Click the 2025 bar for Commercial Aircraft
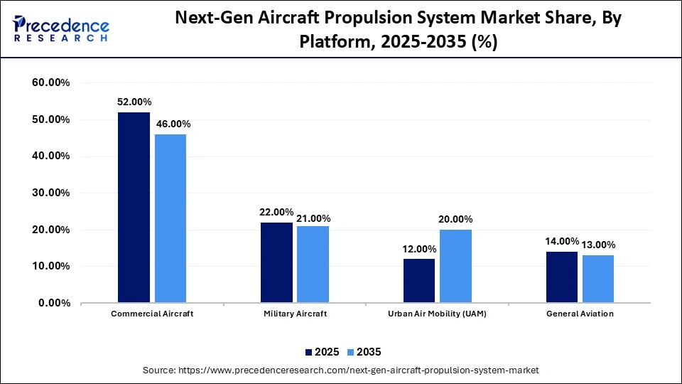coord(134,208)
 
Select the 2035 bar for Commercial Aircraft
coord(170,218)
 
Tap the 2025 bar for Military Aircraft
coord(276,262)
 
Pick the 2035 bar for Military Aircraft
coord(313,265)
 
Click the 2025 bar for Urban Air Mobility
coord(419,281)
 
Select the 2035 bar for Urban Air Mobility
coord(455,266)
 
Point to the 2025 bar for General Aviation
coord(562,277)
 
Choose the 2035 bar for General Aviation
coord(598,279)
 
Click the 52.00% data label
coord(134,102)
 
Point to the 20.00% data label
coord(455,220)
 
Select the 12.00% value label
coord(419,249)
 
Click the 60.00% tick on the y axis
coord(51,83)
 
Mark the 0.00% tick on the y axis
coord(54,303)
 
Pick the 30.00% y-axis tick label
coord(51,193)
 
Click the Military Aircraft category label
coord(294,314)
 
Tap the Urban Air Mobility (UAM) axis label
coord(437,314)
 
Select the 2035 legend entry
coord(364,352)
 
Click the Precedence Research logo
coord(61,28)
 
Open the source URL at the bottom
coord(341,370)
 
